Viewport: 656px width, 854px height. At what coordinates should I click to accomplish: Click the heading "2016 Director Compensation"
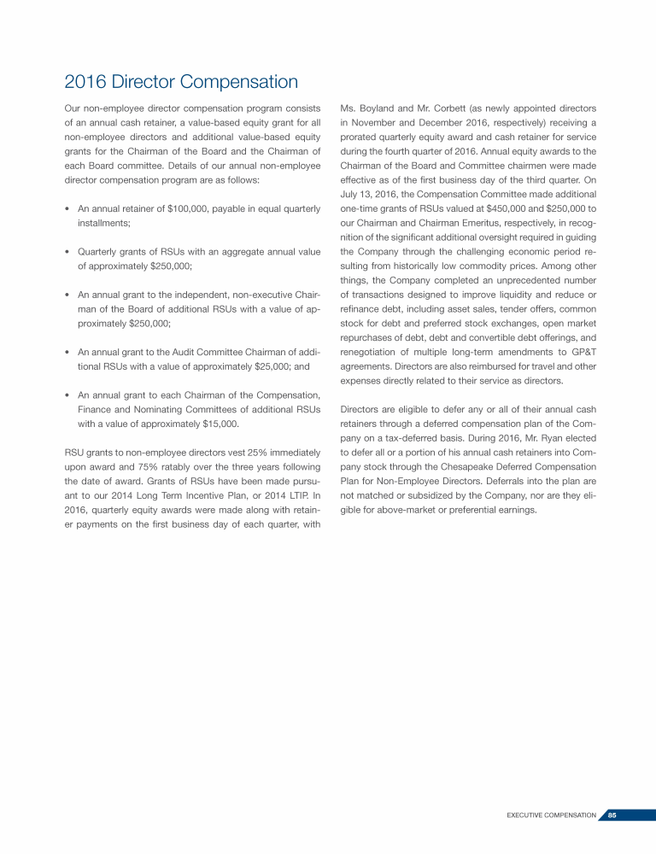point(181,83)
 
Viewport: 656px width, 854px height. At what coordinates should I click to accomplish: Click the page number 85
point(612,816)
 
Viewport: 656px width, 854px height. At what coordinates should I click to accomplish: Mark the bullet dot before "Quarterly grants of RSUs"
point(67,252)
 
